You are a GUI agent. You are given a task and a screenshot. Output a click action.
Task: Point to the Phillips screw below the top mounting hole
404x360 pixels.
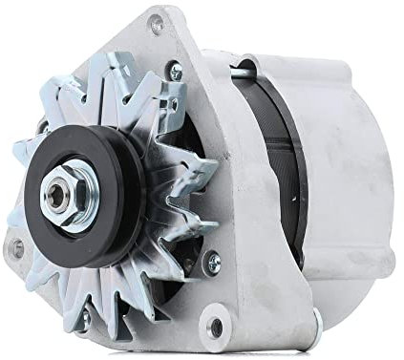(x=174, y=69)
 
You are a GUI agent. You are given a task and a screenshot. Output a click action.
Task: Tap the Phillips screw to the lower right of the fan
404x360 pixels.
(x=211, y=256)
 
